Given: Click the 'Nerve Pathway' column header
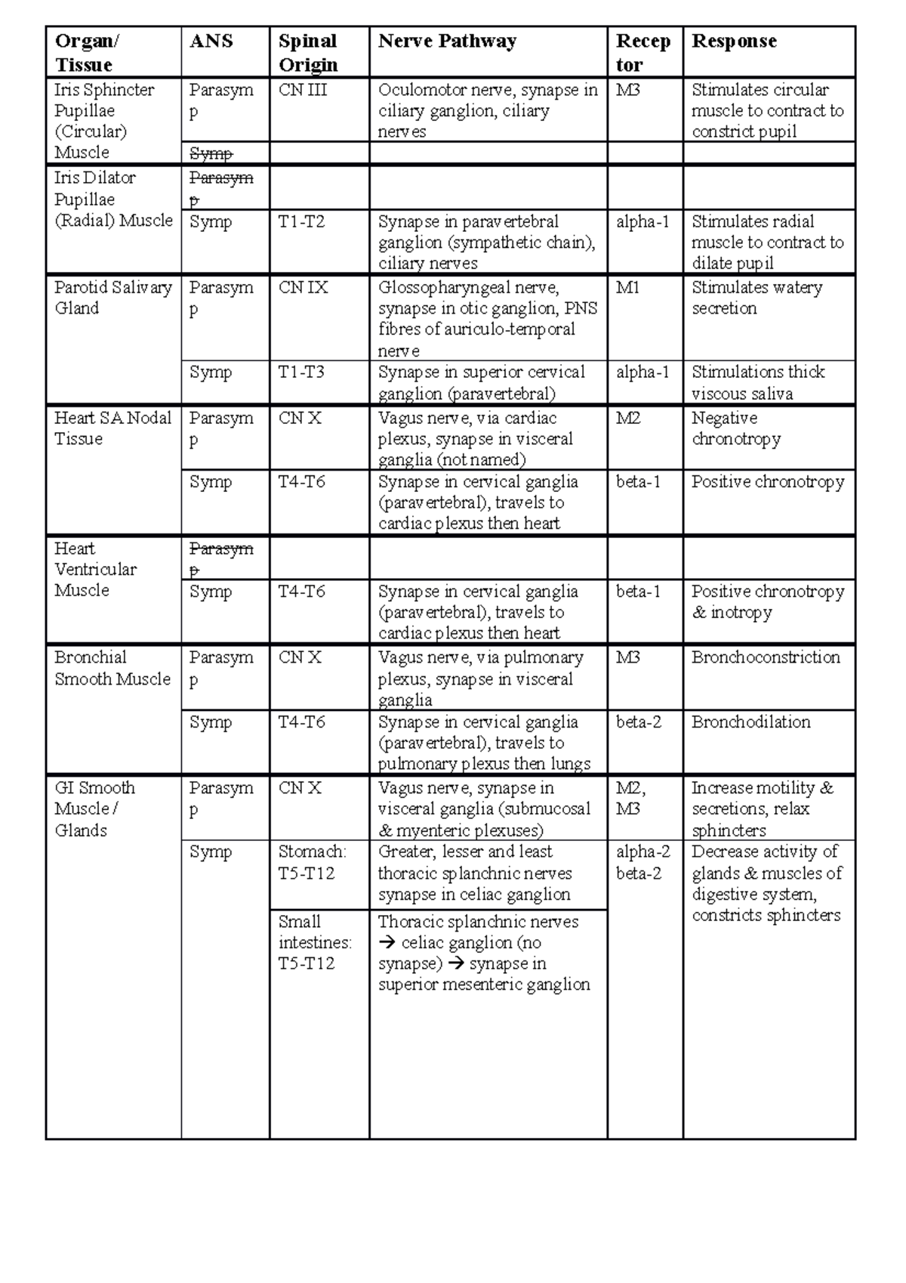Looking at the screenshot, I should [x=447, y=42].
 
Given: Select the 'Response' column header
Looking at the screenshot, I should [x=734, y=42].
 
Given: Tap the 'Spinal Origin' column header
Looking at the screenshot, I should [x=307, y=53].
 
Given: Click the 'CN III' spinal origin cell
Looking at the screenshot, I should [x=303, y=90].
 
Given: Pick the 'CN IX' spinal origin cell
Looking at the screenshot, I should [x=303, y=288].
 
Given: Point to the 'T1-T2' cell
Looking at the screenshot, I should [x=301, y=222].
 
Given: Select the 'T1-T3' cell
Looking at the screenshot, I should [x=301, y=373].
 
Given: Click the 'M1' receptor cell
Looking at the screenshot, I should [x=627, y=288].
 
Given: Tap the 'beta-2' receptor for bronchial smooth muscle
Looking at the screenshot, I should [x=639, y=722].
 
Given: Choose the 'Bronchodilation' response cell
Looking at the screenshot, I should [x=750, y=722].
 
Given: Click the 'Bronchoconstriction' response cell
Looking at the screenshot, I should [x=766, y=657].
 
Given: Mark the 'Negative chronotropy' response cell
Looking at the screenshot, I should [x=736, y=428].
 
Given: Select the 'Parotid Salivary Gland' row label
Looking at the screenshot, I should [x=112, y=298].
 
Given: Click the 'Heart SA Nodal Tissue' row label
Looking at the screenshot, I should [x=112, y=428].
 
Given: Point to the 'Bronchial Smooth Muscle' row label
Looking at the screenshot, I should [x=112, y=668].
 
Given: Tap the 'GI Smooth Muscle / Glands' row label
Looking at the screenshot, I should [x=95, y=808].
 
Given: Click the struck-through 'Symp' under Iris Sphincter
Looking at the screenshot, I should [x=211, y=153].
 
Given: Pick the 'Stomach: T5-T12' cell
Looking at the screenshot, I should [x=313, y=862].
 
